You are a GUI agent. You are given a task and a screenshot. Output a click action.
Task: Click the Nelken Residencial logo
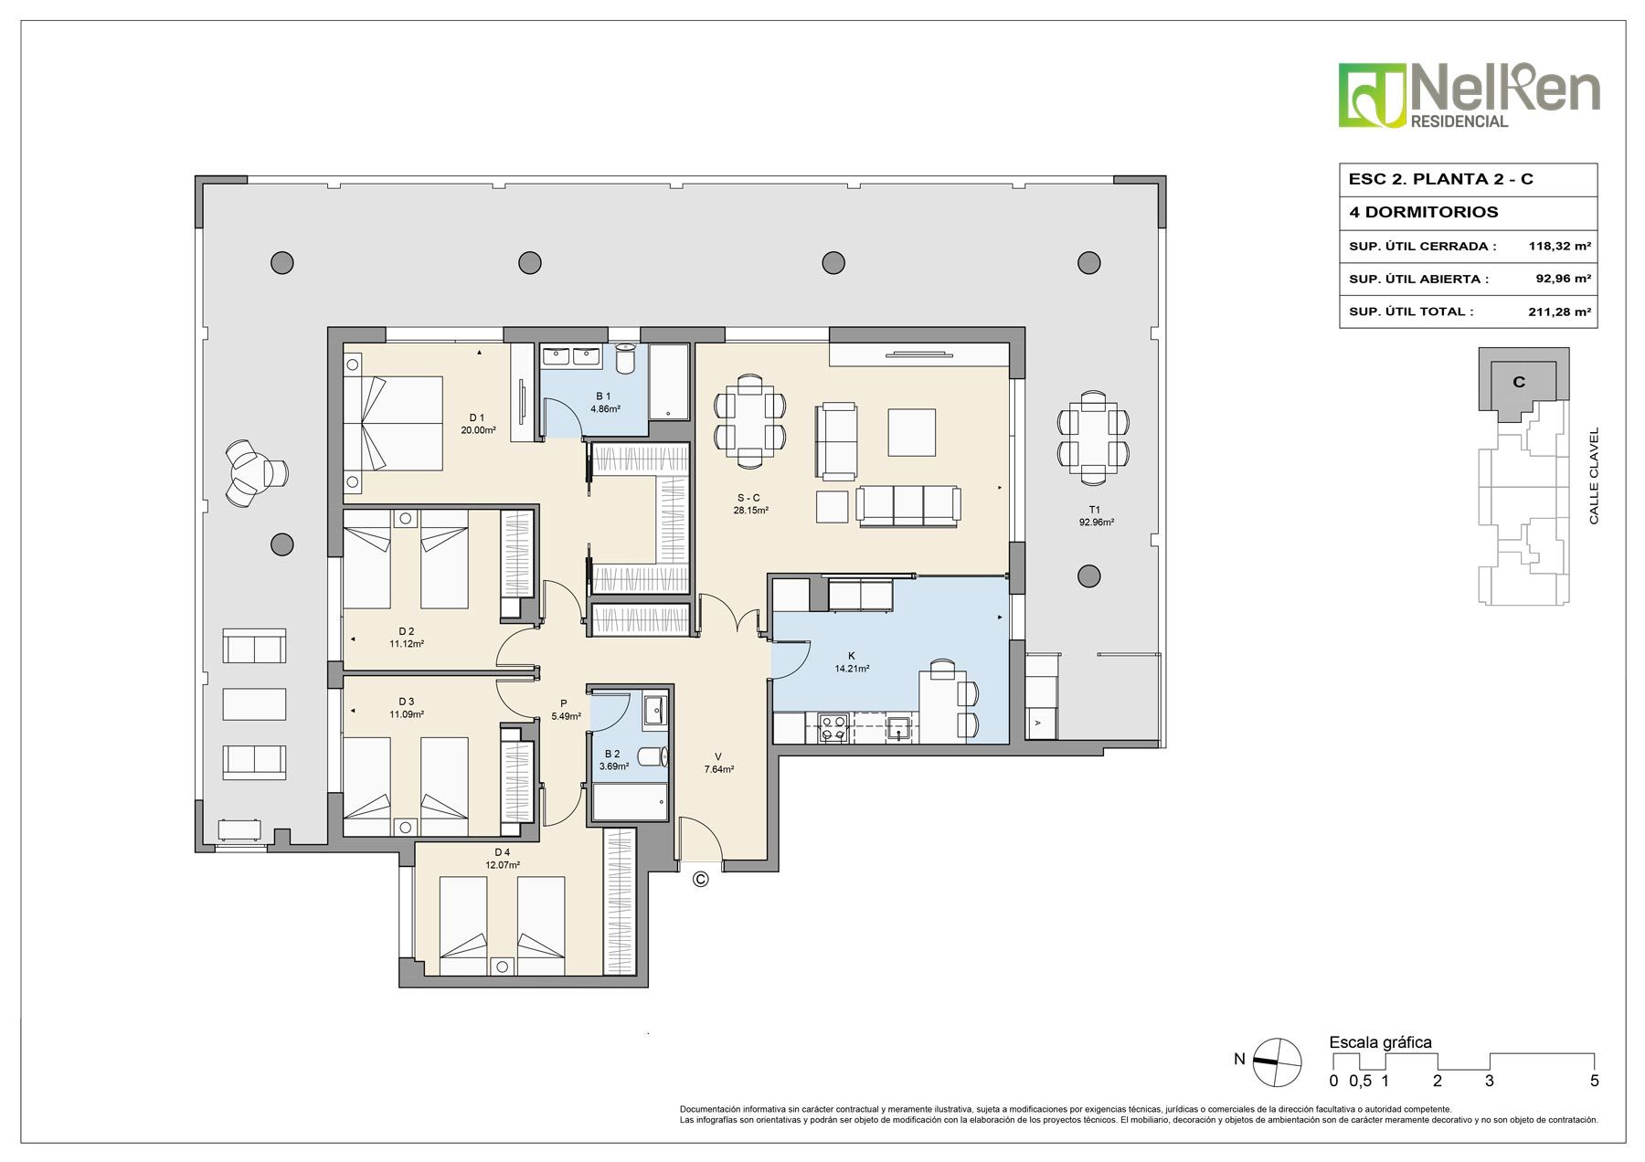click(x=1469, y=96)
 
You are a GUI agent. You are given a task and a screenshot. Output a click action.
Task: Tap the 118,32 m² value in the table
click(x=1560, y=246)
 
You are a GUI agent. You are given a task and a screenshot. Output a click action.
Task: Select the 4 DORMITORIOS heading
click(x=1423, y=212)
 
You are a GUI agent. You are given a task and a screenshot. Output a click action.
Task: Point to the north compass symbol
click(x=1277, y=1062)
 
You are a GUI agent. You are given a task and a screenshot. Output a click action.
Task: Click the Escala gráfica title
click(x=1380, y=1042)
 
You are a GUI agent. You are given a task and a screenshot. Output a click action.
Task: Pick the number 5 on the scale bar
click(x=1594, y=1081)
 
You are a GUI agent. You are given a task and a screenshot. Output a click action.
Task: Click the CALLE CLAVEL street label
click(x=1594, y=476)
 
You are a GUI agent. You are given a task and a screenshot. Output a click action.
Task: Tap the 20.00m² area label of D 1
click(x=478, y=429)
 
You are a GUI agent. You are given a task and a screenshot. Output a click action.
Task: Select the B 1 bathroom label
click(x=603, y=396)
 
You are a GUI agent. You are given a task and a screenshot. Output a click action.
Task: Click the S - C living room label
click(x=748, y=498)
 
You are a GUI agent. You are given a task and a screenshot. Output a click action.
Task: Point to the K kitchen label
click(x=852, y=656)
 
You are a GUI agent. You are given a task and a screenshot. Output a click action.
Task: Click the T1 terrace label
click(x=1095, y=510)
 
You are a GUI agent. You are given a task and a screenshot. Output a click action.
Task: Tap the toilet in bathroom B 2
click(x=653, y=756)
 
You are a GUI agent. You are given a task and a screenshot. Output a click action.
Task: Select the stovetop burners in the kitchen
click(x=834, y=728)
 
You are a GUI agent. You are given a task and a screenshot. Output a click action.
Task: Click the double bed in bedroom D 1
click(x=394, y=424)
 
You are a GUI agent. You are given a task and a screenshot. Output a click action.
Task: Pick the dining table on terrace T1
click(x=1093, y=437)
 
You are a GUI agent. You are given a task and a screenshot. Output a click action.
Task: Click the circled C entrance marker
click(x=701, y=879)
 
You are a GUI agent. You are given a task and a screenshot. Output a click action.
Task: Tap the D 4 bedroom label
click(x=502, y=853)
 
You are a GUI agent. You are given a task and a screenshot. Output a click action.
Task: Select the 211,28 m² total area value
click(x=1560, y=312)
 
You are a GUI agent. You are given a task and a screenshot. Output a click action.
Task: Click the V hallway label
click(x=718, y=756)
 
